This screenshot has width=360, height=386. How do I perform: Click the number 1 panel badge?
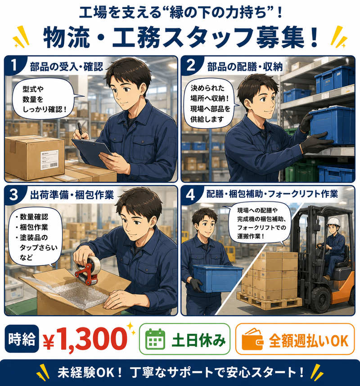[14, 66]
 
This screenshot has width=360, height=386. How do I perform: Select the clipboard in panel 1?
[92, 153]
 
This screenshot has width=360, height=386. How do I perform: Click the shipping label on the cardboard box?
[49, 160]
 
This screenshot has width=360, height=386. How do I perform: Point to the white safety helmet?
[333, 221]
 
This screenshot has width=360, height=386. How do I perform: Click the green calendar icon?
[155, 339]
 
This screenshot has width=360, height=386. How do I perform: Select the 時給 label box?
[22, 339]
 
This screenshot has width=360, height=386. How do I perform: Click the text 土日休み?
[198, 340]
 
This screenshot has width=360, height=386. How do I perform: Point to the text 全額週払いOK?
[309, 341]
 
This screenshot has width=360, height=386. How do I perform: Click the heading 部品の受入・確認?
[67, 67]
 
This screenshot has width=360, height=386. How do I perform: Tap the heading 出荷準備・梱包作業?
[72, 195]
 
